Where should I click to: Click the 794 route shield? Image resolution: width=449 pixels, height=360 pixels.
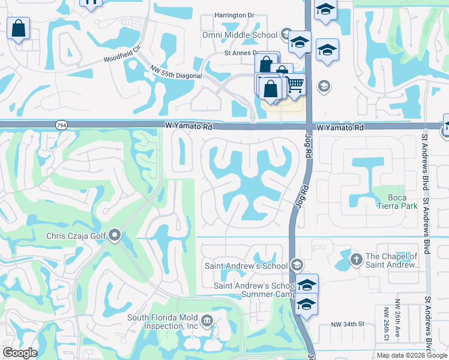[61, 125]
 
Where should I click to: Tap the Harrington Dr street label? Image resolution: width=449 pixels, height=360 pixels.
[235, 16]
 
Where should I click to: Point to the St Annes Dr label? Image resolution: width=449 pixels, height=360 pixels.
[240, 53]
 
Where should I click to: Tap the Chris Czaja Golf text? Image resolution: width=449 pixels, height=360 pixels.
[76, 236]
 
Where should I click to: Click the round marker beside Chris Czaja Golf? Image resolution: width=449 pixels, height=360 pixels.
[115, 235]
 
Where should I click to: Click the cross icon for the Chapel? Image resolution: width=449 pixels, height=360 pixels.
[355, 259]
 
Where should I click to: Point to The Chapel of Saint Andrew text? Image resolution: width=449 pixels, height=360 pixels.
[392, 260]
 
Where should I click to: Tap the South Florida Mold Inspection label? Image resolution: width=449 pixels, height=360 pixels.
[162, 322]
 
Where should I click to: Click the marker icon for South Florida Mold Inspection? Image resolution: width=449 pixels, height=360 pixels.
[207, 320]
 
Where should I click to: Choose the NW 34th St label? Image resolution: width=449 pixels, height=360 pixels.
[348, 325]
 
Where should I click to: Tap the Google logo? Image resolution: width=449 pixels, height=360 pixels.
[20, 353]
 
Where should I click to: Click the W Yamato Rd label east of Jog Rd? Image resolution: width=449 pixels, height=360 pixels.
[340, 128]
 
